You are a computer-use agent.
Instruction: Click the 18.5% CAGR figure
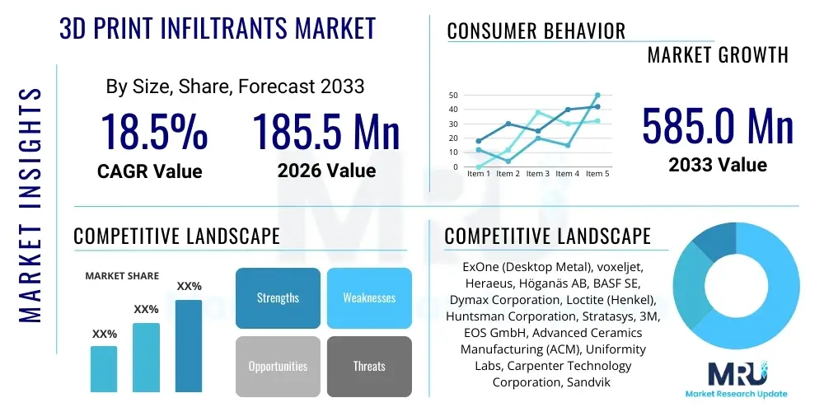point(153,132)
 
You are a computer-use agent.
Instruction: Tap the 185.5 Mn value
point(325,132)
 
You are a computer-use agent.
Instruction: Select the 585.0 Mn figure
point(718,127)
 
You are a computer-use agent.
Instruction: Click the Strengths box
point(278,297)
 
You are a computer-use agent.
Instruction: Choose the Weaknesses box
point(369,297)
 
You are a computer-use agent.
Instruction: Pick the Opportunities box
point(278,366)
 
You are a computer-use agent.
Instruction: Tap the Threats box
point(369,366)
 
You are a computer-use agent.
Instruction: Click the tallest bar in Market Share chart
point(189,345)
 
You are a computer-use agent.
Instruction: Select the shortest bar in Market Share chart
point(104,368)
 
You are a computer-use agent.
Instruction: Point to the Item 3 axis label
point(537,174)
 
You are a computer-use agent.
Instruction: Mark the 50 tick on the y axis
point(452,95)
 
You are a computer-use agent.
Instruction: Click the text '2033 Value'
point(718,165)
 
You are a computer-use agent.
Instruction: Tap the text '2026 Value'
point(326,171)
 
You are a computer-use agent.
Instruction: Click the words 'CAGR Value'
point(149,171)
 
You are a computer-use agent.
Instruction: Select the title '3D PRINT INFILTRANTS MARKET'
point(218,29)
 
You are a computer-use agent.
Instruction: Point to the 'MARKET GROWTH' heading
point(718,55)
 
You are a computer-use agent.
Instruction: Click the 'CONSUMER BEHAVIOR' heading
point(536,31)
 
